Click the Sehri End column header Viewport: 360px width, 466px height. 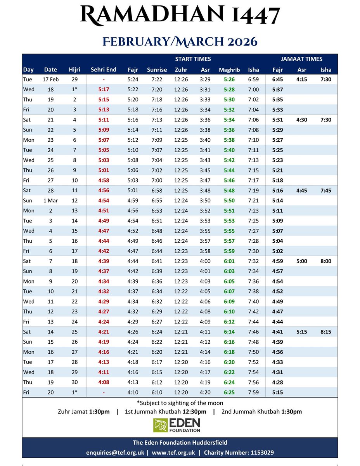(x=103, y=70)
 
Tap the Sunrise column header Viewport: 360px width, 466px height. (x=157, y=70)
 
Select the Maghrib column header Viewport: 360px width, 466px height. (x=229, y=70)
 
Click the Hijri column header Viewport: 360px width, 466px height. (x=74, y=70)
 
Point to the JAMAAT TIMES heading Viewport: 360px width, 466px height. (x=301, y=59)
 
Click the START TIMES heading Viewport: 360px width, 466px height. (x=193, y=59)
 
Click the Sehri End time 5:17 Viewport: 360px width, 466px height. (x=103, y=89)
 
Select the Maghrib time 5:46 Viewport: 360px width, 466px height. (x=229, y=180)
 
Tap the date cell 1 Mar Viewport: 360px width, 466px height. (x=50, y=200)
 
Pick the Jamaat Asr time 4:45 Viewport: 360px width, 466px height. (x=301, y=190)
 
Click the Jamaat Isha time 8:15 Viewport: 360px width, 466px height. (x=325, y=332)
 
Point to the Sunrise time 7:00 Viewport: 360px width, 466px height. (x=157, y=180)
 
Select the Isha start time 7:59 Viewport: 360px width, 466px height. (x=253, y=392)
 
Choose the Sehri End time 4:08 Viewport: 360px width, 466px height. (x=103, y=382)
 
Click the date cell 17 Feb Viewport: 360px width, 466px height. (x=50, y=79)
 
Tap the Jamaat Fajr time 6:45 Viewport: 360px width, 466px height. (x=278, y=79)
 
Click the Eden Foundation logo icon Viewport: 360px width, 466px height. (x=160, y=425)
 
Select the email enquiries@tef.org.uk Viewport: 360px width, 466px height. (x=116, y=452)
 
